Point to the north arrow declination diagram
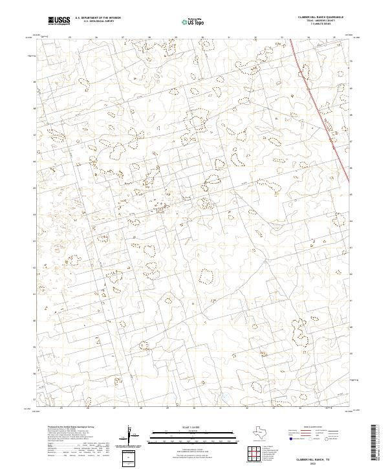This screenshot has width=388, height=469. click(x=129, y=437)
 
